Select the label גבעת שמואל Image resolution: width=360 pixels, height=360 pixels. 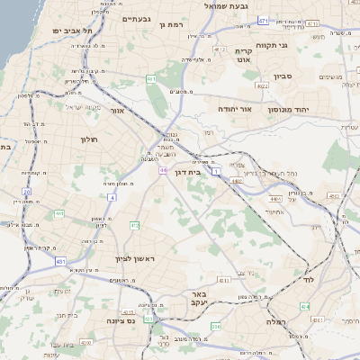(206, 6)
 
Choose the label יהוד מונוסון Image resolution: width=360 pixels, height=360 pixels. (300, 109)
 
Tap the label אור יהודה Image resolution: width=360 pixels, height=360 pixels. (235, 108)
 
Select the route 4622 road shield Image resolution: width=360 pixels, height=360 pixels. (263, 86)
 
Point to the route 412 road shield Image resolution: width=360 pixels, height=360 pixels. (135, 225)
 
